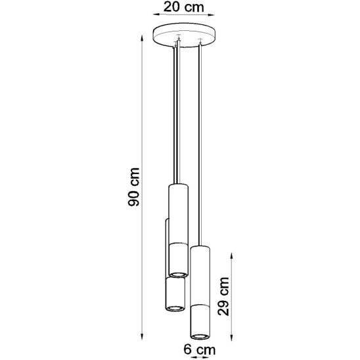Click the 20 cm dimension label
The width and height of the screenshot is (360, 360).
click(183, 7)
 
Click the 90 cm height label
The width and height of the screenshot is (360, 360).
click(133, 187)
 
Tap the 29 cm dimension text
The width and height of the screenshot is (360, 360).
click(223, 296)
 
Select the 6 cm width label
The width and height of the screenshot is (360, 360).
click(200, 349)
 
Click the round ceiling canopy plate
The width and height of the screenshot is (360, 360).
click(184, 35)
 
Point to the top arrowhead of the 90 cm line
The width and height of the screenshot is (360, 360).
click(142, 38)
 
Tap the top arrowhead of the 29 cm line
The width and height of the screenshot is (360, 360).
click(232, 256)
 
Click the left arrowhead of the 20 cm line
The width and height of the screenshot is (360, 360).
click(156, 14)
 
